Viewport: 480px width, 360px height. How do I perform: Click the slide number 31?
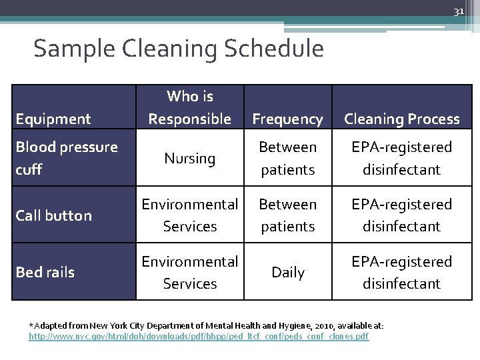coord(458,11)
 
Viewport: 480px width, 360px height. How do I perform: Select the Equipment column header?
coord(53,119)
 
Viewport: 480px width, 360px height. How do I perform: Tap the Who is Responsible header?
coord(190,107)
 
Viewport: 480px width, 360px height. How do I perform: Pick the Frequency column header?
coord(288,119)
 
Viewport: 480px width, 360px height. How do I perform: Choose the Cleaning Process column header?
coord(401,119)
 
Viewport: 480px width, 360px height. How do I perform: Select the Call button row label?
coord(53,215)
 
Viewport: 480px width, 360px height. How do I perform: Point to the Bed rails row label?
coord(44,272)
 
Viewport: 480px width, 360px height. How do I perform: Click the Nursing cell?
coord(190,159)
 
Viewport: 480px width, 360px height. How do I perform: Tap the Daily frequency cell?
coord(288,273)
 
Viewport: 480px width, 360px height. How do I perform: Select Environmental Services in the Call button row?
coord(190,215)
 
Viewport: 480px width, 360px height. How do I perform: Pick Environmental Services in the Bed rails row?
coord(190,273)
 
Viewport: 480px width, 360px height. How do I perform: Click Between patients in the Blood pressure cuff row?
coord(288,158)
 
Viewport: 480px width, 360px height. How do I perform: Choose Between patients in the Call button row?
coord(288,215)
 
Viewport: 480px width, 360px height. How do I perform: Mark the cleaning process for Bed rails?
coord(401,273)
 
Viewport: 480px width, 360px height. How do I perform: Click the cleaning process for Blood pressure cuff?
coord(401,158)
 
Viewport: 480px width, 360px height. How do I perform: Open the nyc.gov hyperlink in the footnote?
coord(198,337)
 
